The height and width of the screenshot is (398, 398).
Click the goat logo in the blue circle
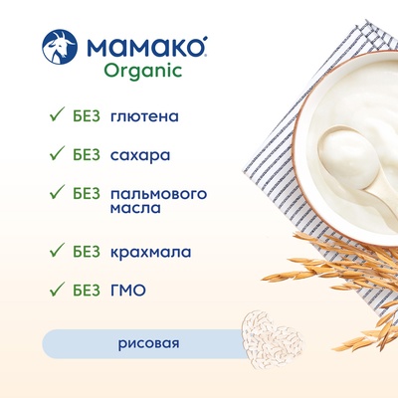coord(60,47)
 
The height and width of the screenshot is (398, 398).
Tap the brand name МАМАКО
coord(145,47)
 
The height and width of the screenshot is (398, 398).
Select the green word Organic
coord(143,71)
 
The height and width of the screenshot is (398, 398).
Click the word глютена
coord(144,116)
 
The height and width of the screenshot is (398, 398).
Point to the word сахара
coord(140,156)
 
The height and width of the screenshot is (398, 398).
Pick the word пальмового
coord(158,194)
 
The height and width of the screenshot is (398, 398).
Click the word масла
coord(135,208)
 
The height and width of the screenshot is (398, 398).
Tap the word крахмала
coord(150,253)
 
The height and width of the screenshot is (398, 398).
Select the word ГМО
coord(128,291)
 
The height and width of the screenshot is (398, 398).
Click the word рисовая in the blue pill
coord(148,343)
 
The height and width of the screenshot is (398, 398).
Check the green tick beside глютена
coord(57,115)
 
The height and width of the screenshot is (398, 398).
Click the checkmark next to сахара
coord(57,154)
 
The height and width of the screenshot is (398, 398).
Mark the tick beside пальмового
coord(57,192)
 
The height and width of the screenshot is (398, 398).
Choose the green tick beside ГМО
coord(57,289)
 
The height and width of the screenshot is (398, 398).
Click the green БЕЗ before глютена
coord(87,116)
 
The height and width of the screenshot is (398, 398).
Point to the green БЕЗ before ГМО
coord(87,291)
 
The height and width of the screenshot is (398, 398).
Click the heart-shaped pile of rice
coord(273,339)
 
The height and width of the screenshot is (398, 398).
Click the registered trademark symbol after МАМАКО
coord(205,55)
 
